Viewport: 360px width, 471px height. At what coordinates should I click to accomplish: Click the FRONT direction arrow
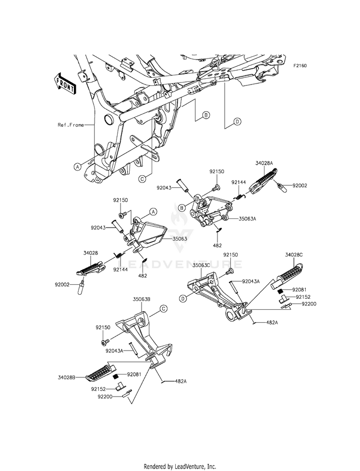point(64,84)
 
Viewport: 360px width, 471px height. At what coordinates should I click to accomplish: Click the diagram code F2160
point(300,66)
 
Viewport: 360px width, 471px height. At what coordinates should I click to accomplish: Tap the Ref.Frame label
point(71,125)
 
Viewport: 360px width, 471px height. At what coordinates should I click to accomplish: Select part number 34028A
point(264,163)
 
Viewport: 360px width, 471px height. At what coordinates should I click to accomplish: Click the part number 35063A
point(247,218)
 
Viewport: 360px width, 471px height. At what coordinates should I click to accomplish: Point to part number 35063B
point(142,299)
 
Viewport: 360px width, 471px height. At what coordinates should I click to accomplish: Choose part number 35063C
point(201,265)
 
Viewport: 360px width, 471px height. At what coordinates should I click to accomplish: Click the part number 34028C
point(294,255)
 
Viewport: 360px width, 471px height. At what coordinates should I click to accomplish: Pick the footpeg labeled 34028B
point(101,372)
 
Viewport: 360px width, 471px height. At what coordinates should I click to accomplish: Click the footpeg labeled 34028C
point(287,274)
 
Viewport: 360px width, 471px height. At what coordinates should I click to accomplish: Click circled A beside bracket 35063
point(153,212)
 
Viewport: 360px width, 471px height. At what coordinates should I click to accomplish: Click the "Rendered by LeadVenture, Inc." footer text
point(180,467)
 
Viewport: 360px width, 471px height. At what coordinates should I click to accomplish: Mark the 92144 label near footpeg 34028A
point(239,182)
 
